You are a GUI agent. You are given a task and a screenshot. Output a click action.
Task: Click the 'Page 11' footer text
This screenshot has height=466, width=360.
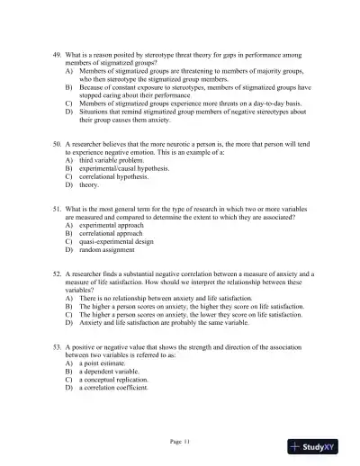180,441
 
